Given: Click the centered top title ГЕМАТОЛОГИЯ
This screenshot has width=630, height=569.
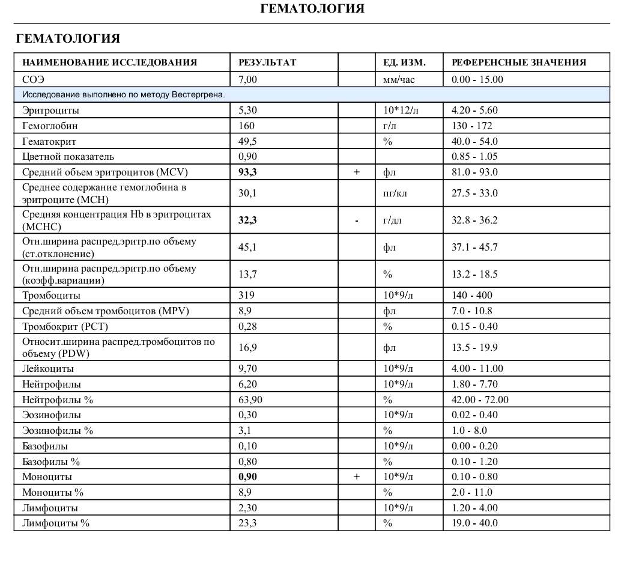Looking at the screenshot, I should tap(312, 8).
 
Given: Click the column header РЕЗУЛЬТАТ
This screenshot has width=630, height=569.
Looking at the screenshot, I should tap(267, 62).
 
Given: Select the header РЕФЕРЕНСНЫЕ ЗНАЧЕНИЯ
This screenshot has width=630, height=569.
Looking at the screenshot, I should tap(519, 62).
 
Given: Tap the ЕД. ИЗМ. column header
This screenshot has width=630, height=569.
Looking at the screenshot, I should tap(404, 62).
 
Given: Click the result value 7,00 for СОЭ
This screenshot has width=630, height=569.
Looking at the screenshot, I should tap(248, 79).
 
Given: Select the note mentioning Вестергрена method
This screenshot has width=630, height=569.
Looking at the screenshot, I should tap(124, 95).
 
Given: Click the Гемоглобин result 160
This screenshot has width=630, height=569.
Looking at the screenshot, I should tap(246, 126).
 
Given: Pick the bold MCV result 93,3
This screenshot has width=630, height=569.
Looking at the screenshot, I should tap(248, 172).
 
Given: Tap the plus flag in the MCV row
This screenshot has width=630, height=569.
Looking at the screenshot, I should tap(357, 172).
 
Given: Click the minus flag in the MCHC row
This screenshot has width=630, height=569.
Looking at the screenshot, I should tap(357, 221).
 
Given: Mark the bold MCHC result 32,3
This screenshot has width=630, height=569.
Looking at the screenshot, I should tap(248, 221).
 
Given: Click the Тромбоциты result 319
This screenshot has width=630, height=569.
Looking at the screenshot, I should tap(246, 296).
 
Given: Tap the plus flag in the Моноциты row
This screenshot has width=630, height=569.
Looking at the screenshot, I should tap(357, 477).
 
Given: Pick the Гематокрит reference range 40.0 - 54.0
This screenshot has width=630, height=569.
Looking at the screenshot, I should tap(474, 142).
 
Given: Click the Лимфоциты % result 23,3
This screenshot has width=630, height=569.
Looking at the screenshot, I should tap(248, 523).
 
